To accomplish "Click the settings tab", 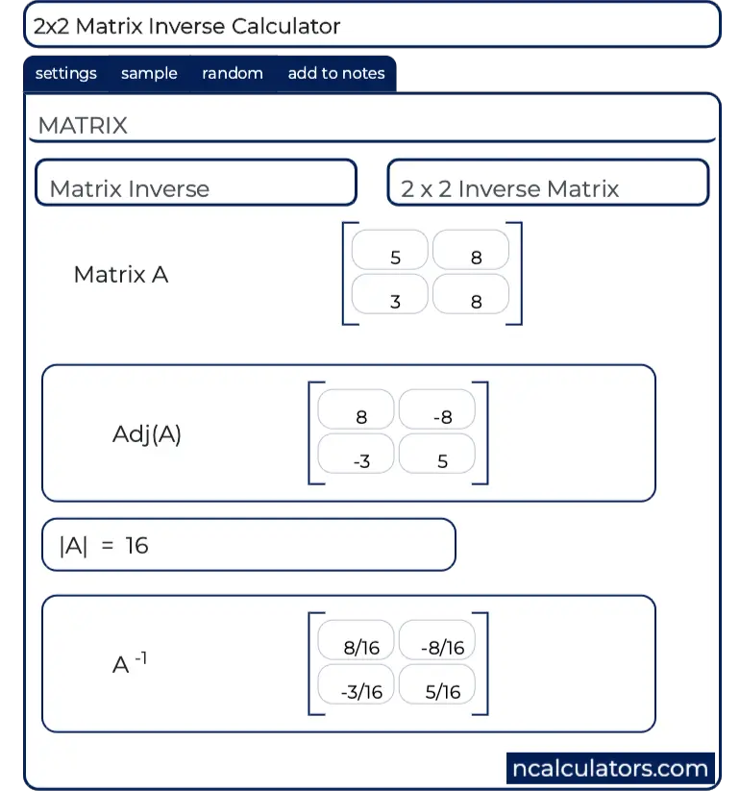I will tap(65, 73).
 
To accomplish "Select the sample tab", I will tap(149, 73).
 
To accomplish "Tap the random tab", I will tap(233, 73).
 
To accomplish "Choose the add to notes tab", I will tap(336, 73).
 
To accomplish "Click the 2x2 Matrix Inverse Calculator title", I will tap(187, 25).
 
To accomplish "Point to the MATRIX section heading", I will tap(83, 125).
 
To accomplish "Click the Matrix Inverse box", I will tap(195, 183).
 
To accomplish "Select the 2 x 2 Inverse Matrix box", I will tap(548, 183).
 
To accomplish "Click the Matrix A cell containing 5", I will tap(390, 250).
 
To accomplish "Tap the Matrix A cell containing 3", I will tap(390, 294).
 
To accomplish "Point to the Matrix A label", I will tap(121, 275).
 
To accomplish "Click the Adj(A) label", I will tap(147, 433).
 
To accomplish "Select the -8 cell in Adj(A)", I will tap(437, 409).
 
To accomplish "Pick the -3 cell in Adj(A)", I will tap(357, 454).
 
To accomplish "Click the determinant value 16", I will tap(136, 546).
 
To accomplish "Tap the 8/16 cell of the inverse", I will tap(357, 640).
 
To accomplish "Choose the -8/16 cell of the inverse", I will tap(437, 640).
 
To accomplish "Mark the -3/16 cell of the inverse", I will tap(357, 684).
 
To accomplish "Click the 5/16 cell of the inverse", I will tap(437, 684).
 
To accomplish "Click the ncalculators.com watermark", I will tap(610, 769).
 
